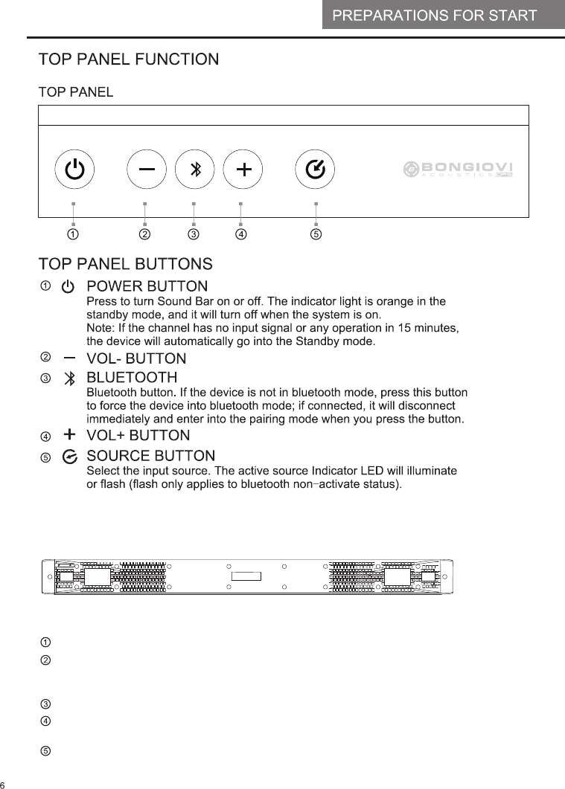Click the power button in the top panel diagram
point(74,170)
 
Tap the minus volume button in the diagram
point(146,170)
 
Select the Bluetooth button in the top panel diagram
point(194,170)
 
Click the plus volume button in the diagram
point(243,170)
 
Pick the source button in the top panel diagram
point(315,170)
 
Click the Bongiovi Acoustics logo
point(459,170)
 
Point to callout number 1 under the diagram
point(73,235)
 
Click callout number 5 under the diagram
point(316,235)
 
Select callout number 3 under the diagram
point(194,235)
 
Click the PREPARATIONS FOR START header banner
point(434,16)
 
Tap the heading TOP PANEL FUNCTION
point(129,59)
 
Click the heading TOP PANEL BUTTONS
point(126,264)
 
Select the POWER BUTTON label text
point(147,286)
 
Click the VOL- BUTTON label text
point(136,358)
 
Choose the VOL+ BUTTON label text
point(138,435)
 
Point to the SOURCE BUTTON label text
point(151,455)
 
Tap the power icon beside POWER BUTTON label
point(68,287)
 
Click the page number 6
point(3,785)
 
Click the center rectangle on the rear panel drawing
point(247,577)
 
